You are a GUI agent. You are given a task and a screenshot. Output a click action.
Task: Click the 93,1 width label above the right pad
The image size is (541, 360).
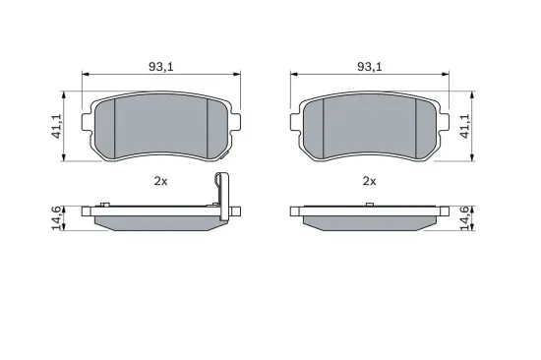[x=368, y=66]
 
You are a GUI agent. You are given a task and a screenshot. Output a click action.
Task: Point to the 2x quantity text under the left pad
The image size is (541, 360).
[x=161, y=181]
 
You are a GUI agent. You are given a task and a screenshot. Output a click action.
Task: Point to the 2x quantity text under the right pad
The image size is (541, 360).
[x=370, y=181]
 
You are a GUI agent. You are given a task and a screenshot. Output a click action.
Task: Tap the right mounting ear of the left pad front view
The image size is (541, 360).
[x=234, y=123]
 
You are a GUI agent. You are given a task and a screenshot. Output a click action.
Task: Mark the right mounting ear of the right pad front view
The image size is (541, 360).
[x=444, y=123]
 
